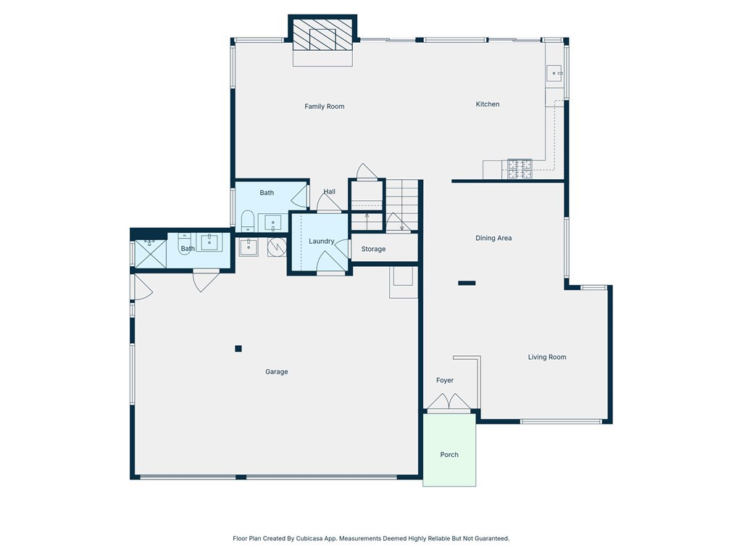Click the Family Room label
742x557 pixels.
[x=324, y=107]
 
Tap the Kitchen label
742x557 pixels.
[x=488, y=104]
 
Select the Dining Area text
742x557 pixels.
[x=493, y=238]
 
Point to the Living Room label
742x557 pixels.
[x=547, y=357]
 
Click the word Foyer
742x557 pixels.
[x=445, y=380]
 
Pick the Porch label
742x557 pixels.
[x=449, y=455]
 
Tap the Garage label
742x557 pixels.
[x=276, y=372]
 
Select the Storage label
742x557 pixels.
[x=373, y=249]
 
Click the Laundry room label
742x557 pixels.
[x=321, y=241]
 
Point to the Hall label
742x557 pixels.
[x=330, y=191]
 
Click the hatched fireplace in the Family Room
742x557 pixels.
[x=322, y=34]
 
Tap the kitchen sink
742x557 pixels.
[x=554, y=74]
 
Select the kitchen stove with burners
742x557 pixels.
[x=520, y=169]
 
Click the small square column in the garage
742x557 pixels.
[x=238, y=349]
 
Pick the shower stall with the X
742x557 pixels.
[x=151, y=254]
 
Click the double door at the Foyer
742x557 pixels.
[x=449, y=402]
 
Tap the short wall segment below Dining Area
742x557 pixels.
[x=467, y=284]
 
